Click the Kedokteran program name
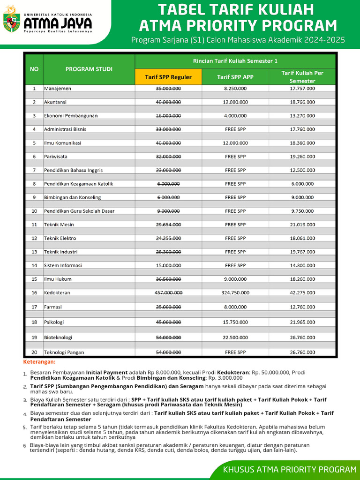tap(57, 292)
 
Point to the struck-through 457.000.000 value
tap(168, 292)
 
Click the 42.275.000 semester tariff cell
tap(302, 292)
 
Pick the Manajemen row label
tap(57, 88)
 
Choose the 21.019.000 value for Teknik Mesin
tap(302, 225)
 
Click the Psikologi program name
tap(54, 322)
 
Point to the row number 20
tap(34, 352)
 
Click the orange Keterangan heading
tap(39, 362)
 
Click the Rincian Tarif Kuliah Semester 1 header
tap(235, 61)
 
